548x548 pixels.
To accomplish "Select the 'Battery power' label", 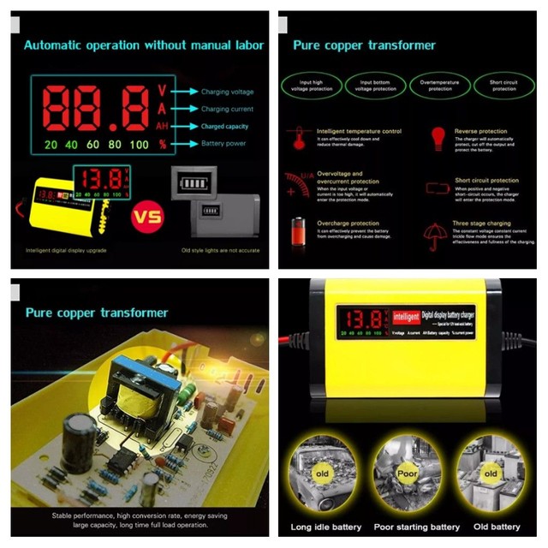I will (x=223, y=143).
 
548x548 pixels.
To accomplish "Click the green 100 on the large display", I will (x=139, y=144).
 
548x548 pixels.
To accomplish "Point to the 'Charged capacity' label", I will (x=225, y=126).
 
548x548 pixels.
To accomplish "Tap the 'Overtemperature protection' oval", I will (x=440, y=85).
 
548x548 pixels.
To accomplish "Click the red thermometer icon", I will (x=299, y=138).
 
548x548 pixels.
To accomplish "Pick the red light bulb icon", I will (x=438, y=138).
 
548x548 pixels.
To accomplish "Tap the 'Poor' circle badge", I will (x=407, y=473).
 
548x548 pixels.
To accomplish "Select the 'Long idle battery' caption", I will (x=327, y=527).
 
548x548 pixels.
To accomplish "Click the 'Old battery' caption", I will (x=497, y=527).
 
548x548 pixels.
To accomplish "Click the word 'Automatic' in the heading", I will (x=57, y=45).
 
